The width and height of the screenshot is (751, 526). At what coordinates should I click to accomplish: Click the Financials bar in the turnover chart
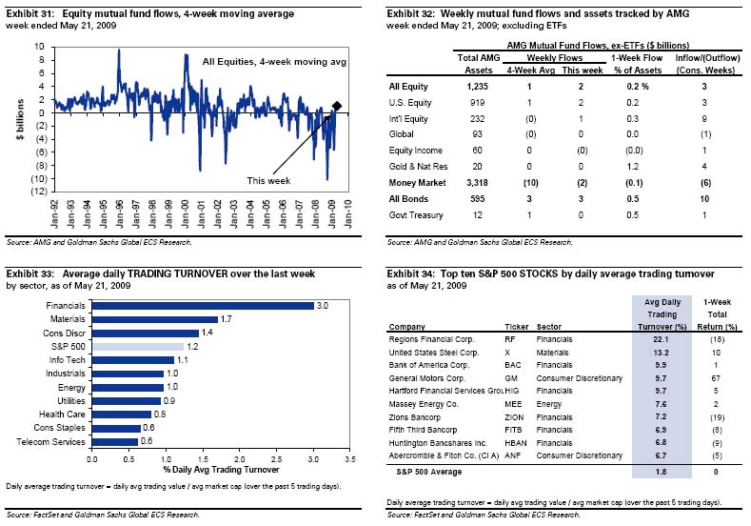coord(202,305)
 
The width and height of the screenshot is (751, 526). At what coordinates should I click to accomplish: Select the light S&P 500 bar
coord(136,346)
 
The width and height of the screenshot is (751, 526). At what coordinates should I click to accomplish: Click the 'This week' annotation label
coord(269,180)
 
